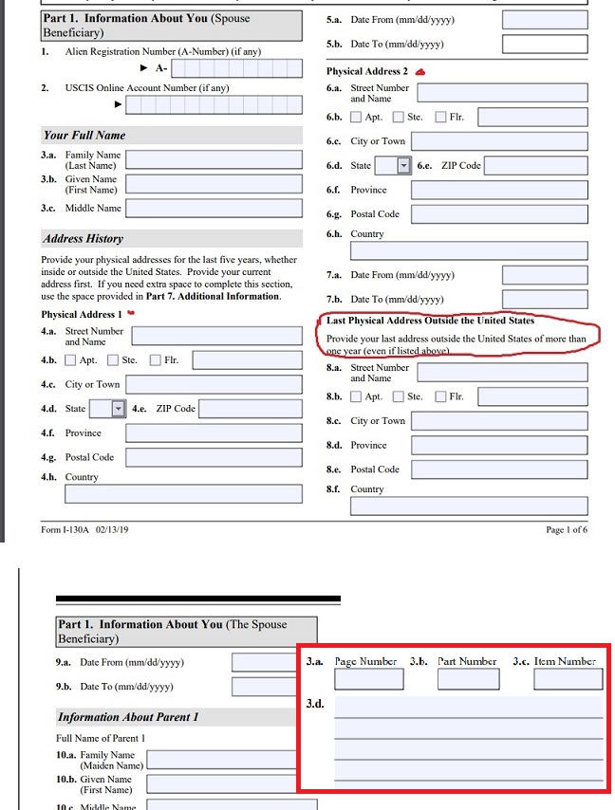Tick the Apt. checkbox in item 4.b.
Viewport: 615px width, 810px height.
click(x=70, y=360)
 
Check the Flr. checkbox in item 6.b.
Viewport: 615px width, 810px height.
click(x=441, y=118)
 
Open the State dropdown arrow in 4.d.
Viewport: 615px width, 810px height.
click(x=119, y=409)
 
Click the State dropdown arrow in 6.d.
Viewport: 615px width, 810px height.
click(x=403, y=165)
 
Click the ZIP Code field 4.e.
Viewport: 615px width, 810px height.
click(x=250, y=409)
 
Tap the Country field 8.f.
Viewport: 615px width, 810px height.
click(x=468, y=506)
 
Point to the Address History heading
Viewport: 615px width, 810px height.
click(x=84, y=239)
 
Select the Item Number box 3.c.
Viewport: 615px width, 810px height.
click(x=568, y=679)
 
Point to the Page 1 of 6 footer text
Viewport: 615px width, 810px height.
click(x=567, y=529)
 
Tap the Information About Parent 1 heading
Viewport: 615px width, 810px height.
click(x=128, y=717)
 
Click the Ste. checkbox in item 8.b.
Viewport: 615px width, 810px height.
click(x=399, y=396)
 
